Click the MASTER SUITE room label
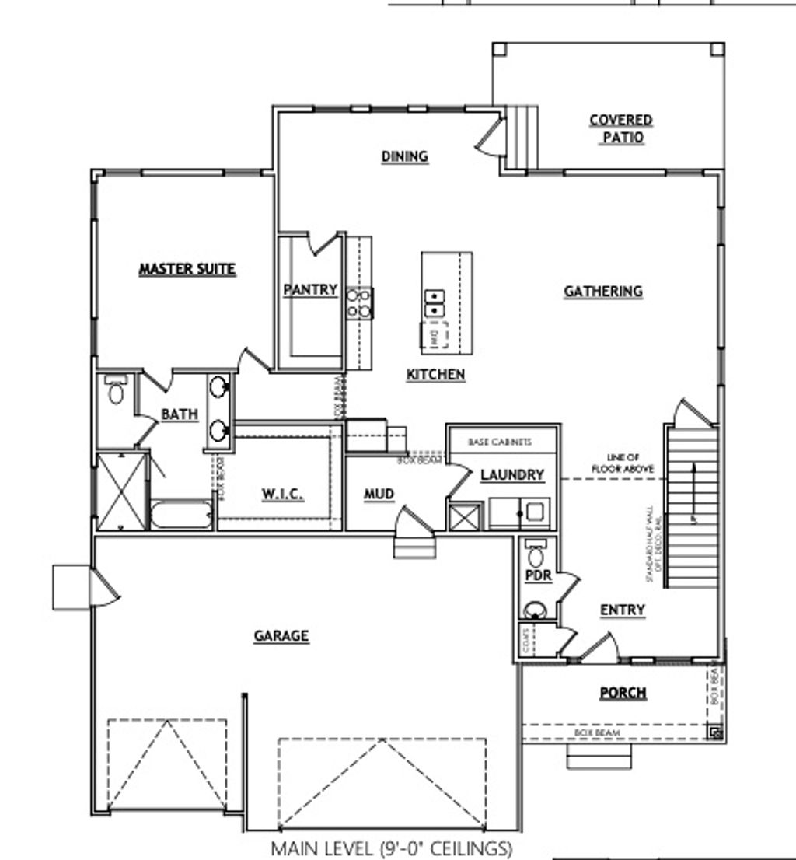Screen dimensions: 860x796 pos(187,270)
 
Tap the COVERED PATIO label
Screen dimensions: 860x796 pos(621,129)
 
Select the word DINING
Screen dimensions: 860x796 pos(404,156)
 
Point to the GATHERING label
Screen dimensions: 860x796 pos(603,292)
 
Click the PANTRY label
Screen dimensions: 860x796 pos(310,290)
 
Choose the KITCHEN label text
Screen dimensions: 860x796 pos(435,375)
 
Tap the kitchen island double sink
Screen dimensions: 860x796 pos(434,303)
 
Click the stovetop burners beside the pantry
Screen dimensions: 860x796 pos(359,302)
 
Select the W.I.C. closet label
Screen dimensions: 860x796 pos(282,495)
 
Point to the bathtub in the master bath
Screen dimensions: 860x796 pos(181,516)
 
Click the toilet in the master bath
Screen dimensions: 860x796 pos(116,390)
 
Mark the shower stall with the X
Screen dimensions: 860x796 pos(120,491)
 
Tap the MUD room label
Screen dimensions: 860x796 pos(379,495)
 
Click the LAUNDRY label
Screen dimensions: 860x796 pos(511,475)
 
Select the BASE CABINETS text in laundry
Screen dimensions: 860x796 pos(500,442)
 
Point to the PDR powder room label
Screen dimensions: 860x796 pos(538,576)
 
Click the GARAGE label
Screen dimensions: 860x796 pos(281,636)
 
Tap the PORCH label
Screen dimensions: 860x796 pos(623,693)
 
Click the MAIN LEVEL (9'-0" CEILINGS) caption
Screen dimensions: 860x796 pos(391,848)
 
